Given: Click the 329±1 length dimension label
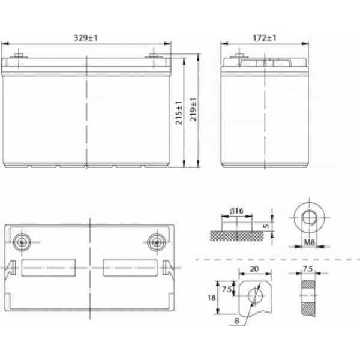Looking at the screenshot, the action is [86, 38].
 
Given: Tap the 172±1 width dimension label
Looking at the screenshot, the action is [264, 38].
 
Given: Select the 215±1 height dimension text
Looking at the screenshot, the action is [179, 113].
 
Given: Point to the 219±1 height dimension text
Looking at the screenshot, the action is [193, 109].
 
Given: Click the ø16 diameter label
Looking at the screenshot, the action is [236, 211].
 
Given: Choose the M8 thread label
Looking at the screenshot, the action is [309, 242].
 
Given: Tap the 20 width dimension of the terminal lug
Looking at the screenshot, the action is [254, 269].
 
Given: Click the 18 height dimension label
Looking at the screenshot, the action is [212, 298].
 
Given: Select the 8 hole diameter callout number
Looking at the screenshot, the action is [237, 321].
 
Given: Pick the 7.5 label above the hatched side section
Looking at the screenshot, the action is [308, 269].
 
